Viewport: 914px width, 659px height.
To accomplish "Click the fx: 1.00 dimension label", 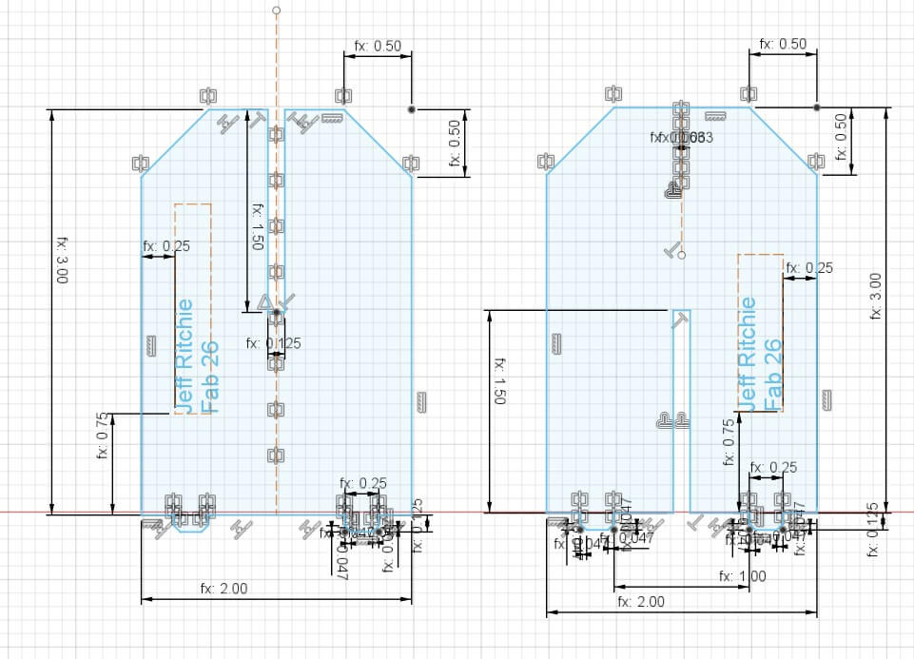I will coord(742,576).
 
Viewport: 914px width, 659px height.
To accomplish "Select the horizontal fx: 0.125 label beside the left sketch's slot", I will coord(274,343).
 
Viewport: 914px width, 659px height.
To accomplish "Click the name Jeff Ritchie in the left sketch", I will coord(185,357).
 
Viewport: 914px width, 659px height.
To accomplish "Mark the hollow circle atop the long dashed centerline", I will coord(277,10).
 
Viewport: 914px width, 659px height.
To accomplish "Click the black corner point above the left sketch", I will coord(411,109).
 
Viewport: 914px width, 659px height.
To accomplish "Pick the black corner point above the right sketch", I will coord(816,107).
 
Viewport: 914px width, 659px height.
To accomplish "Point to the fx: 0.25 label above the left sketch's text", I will coord(166,245).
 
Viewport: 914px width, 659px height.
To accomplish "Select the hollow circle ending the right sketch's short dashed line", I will coord(682,255).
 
